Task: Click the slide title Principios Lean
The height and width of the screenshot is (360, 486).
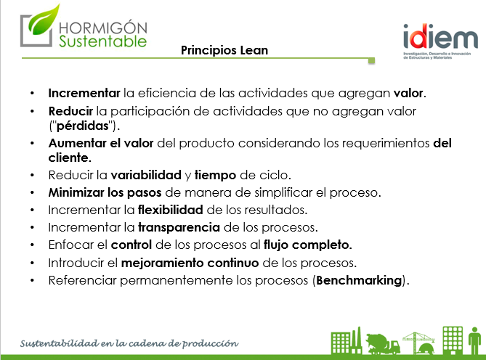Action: coord(224,51)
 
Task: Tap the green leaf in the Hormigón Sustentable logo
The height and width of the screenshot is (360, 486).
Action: coord(44,20)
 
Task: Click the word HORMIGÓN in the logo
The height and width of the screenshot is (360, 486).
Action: coord(103,28)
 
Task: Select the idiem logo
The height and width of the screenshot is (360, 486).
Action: coord(440,41)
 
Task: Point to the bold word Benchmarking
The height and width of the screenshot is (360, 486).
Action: coord(359,280)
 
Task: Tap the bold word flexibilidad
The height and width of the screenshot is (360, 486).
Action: coord(171,210)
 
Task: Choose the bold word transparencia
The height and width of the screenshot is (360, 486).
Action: coord(179,227)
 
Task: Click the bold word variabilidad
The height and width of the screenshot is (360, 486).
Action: coord(146,175)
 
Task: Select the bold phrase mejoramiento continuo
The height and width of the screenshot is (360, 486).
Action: coord(190,263)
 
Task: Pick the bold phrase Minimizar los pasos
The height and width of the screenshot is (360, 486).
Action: coord(105,192)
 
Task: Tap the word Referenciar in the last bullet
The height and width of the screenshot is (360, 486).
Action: coord(82,280)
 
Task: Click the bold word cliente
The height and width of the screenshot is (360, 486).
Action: coord(68,158)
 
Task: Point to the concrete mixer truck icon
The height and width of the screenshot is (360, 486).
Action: coord(382,343)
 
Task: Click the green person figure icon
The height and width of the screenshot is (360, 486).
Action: coord(474,340)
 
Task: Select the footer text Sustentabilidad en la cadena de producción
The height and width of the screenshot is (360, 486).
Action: coord(129,343)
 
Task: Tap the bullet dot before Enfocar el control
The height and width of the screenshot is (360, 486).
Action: coord(33,245)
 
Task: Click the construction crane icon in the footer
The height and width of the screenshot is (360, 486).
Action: coord(418,343)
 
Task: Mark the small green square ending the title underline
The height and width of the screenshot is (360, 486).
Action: coord(371,61)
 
